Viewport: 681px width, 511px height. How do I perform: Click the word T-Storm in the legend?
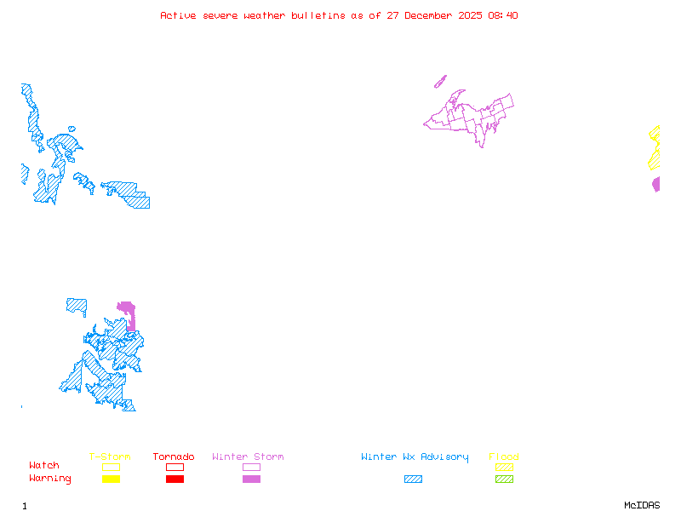point(110,457)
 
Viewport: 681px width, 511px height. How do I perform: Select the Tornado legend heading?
point(174,457)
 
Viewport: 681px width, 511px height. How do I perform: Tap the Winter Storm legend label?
point(248,457)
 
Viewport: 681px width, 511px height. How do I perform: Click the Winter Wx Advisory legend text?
point(415,457)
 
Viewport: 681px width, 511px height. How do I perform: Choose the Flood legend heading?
point(504,457)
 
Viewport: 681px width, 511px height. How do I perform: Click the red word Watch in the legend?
point(44,466)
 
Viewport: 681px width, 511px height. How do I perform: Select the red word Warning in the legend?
point(50,479)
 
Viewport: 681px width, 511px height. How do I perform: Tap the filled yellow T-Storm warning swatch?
point(111,479)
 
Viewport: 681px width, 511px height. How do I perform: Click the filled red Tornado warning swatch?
point(175,479)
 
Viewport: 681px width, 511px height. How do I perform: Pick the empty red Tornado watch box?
point(175,467)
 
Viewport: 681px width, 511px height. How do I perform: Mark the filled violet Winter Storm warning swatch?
point(251,479)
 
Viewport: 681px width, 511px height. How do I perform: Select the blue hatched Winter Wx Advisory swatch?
point(413,479)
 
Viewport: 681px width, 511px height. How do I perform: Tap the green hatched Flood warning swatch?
point(504,479)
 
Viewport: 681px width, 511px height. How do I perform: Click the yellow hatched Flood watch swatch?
point(504,467)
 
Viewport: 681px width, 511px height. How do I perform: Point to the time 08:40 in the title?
point(502,15)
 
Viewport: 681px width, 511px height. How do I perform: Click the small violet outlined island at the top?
point(440,82)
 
